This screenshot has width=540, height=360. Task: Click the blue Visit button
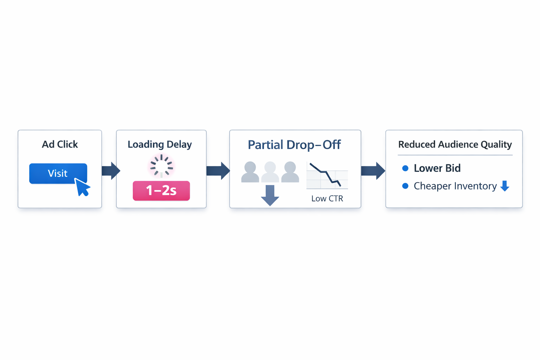(56, 173)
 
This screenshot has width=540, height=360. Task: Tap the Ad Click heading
(60, 144)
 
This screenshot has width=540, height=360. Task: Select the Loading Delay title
(160, 144)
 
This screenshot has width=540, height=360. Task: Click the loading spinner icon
(161, 166)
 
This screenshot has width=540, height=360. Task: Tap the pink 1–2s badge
(161, 191)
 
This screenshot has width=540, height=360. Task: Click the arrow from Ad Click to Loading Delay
(111, 171)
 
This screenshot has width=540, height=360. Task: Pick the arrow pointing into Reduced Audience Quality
(373, 171)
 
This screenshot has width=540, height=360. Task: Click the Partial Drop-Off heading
(294, 145)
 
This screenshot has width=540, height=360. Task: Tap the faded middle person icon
(270, 172)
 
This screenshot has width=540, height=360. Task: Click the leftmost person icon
(250, 172)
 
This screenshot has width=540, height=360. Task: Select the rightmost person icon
(290, 172)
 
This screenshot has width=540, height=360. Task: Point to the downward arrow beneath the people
(270, 195)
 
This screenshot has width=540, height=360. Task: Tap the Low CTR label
(327, 199)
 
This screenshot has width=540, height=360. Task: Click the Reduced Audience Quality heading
(455, 144)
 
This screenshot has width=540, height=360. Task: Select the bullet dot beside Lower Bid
(405, 168)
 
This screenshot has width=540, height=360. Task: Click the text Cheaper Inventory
(455, 186)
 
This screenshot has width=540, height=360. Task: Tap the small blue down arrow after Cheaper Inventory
(505, 186)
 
